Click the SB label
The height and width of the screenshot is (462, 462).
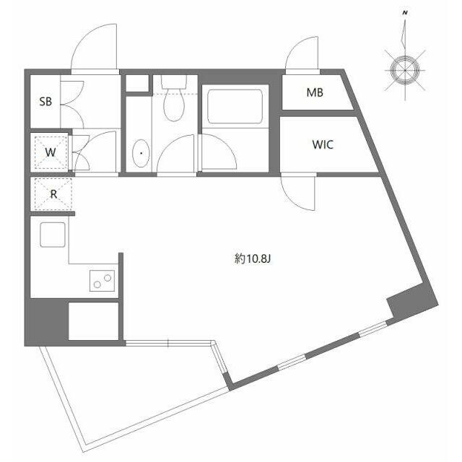point(45,102)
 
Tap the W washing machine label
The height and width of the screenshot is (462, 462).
point(51,152)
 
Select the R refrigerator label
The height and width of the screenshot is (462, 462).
point(53,194)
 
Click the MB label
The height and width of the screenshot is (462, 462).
point(315,92)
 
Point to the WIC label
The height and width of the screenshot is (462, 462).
point(323,144)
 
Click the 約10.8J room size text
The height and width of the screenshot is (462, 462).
point(253,259)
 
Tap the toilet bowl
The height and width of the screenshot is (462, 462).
point(174,105)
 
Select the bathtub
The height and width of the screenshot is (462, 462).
point(235,107)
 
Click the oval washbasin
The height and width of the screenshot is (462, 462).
point(141,153)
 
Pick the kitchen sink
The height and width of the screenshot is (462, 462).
point(53,235)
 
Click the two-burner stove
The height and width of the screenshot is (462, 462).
point(103,281)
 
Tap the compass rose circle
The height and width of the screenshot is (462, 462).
point(405,70)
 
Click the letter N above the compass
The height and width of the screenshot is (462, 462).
point(406,13)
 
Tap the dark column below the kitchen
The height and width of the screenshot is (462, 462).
point(47,321)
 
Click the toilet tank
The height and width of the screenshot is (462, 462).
point(174,82)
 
